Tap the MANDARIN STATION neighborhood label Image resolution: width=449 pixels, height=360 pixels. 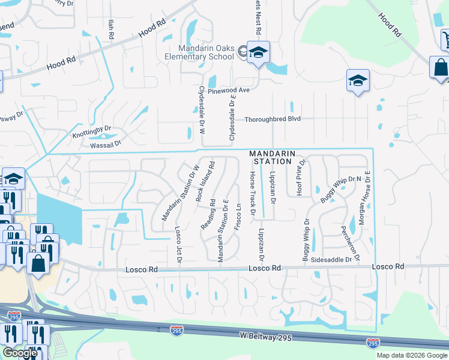[x=273, y=158]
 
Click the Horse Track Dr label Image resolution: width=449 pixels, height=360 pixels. [x=253, y=193]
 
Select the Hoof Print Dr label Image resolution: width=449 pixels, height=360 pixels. [x=302, y=177]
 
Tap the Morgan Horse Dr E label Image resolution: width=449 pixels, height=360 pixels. [x=365, y=197]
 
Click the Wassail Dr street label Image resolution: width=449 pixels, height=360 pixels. [x=106, y=143]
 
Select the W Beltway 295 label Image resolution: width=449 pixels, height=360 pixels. [x=265, y=338]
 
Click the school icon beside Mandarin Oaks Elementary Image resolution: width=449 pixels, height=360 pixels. [x=258, y=53]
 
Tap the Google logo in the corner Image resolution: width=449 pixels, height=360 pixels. [x=20, y=353]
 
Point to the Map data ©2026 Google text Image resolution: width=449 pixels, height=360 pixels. [x=412, y=355]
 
